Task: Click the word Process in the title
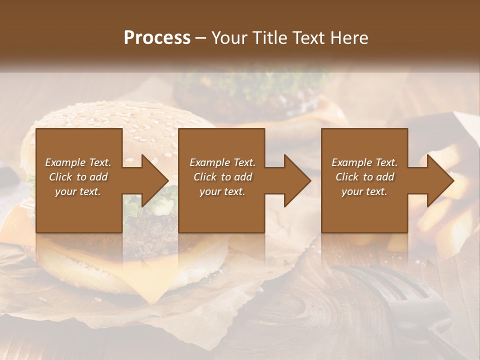click(157, 38)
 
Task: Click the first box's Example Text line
click(78, 162)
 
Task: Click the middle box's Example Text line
click(222, 162)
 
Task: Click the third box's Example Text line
click(364, 162)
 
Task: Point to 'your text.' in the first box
click(78, 191)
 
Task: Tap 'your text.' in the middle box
click(222, 191)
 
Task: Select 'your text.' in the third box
click(364, 191)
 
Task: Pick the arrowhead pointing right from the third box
click(440, 180)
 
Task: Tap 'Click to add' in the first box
click(78, 177)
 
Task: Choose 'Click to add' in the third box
click(364, 177)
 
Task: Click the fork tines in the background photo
click(400, 290)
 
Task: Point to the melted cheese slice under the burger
click(150, 270)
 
